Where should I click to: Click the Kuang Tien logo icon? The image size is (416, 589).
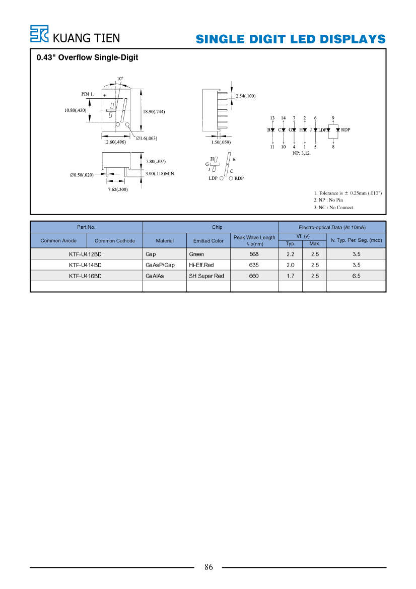tap(39, 34)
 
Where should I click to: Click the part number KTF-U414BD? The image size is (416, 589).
tap(85, 265)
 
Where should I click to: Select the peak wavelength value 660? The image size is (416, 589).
tap(254, 276)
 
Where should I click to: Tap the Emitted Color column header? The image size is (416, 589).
tap(209, 241)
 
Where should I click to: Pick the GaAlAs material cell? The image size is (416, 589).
tap(155, 276)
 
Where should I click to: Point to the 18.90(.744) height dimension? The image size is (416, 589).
tap(154, 111)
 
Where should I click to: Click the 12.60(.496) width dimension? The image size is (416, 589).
tap(115, 142)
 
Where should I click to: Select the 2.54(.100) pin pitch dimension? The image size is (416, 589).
tap(246, 96)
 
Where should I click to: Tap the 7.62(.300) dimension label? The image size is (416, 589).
tap(118, 189)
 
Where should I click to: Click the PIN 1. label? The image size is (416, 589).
tap(88, 94)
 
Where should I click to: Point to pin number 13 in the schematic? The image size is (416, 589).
tap(272, 118)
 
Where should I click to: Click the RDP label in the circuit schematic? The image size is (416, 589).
tap(345, 129)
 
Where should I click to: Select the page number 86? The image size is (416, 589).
tap(209, 567)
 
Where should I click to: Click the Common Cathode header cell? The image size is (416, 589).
tap(115, 241)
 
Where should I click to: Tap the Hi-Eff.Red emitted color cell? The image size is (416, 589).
tap(201, 265)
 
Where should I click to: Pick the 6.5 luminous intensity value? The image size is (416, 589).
tap(356, 276)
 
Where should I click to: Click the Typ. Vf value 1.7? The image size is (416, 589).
tap(291, 276)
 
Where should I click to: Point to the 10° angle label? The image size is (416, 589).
tap(120, 79)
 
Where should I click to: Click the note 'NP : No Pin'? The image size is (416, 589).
tap(328, 200)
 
